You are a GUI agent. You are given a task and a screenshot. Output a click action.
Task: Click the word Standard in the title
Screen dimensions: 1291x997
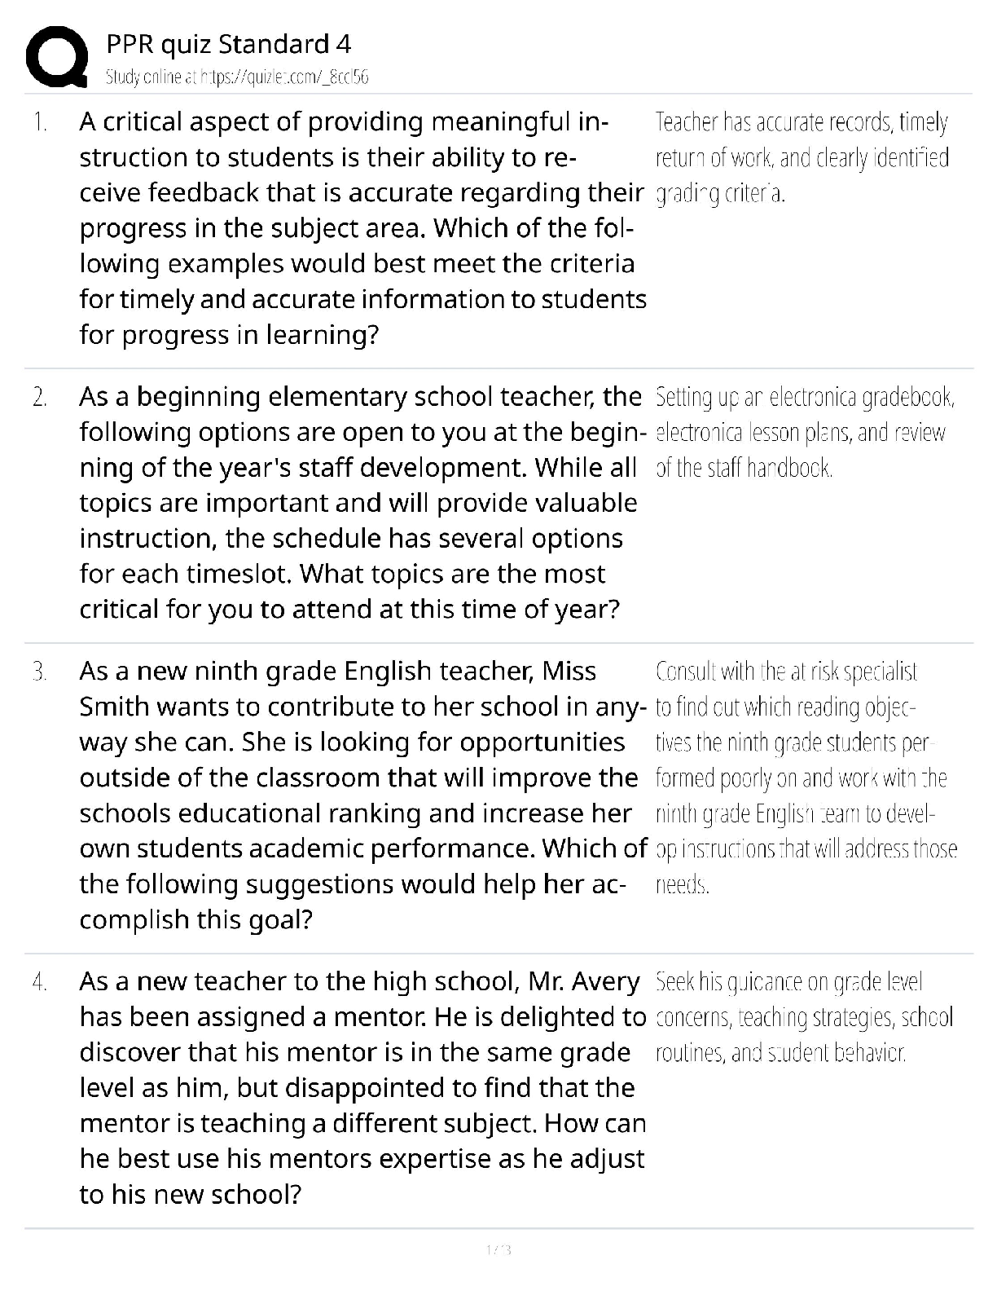pos(273,44)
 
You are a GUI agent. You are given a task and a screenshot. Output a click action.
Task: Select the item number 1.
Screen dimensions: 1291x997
pos(40,123)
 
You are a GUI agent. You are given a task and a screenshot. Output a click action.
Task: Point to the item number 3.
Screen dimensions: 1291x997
pos(40,672)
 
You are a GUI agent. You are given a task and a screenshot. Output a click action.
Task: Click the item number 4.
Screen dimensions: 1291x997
pos(40,982)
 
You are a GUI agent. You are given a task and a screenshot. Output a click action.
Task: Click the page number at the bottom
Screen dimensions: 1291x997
pos(498,1249)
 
